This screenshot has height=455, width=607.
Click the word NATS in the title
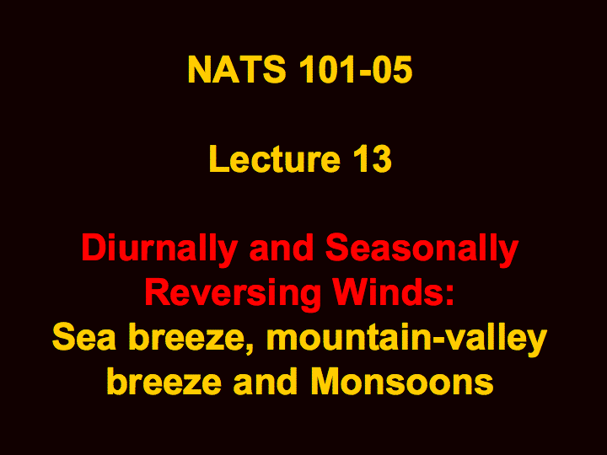click(237, 70)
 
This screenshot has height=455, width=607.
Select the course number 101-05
click(356, 70)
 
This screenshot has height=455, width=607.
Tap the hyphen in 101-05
click(366, 72)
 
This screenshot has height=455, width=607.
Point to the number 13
click(372, 159)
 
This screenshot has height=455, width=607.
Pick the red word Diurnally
click(159, 250)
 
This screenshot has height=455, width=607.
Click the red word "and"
click(282, 249)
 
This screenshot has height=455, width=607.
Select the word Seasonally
click(422, 250)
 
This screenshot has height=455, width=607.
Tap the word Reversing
click(233, 295)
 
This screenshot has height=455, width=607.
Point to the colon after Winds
click(449, 297)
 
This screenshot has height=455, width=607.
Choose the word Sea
click(84, 337)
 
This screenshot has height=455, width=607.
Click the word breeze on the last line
click(164, 382)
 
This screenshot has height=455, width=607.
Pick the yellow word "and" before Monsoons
click(266, 382)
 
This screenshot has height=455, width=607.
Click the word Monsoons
click(402, 382)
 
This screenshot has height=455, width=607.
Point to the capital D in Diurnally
click(93, 249)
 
